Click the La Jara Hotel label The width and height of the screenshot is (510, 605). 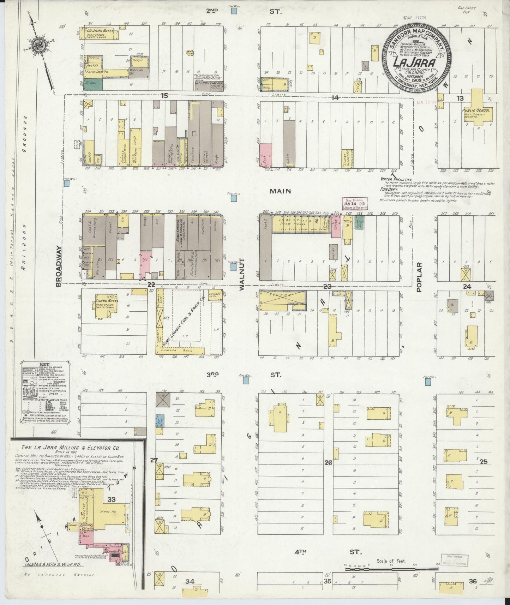pyautogui.click(x=100, y=31)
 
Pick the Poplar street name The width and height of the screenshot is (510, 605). pyautogui.click(x=419, y=277)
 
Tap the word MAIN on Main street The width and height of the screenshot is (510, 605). pyautogui.click(x=280, y=191)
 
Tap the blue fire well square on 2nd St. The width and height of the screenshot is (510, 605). pyautogui.click(x=234, y=11)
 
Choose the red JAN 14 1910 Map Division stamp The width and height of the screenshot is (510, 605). pyautogui.click(x=354, y=204)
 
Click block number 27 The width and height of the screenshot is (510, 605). pyautogui.click(x=154, y=460)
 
